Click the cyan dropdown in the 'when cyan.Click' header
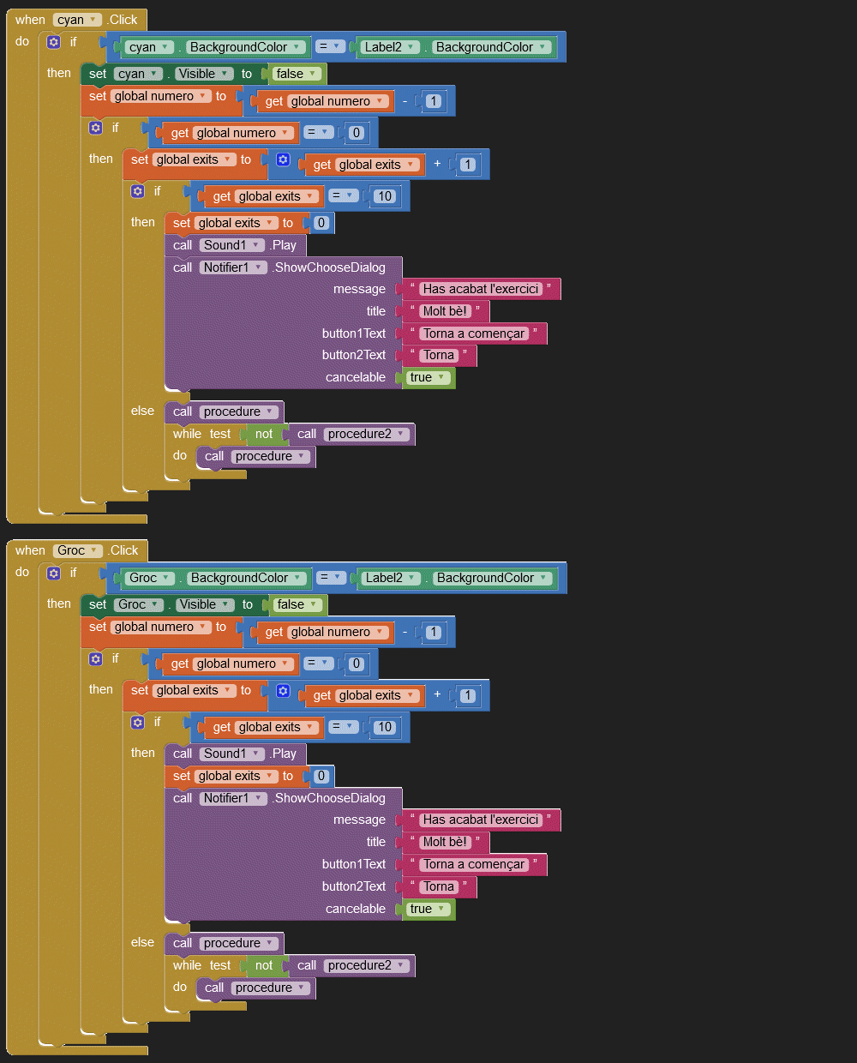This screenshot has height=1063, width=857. tap(76, 20)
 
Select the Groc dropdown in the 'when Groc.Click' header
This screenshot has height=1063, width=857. tap(77, 550)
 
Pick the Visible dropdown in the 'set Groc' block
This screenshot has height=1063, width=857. tap(203, 604)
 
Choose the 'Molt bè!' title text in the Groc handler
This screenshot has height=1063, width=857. tap(445, 842)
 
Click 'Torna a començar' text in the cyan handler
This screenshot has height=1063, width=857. tap(473, 333)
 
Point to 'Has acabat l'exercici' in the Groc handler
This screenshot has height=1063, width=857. tap(480, 820)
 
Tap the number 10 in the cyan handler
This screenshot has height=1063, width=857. tap(385, 196)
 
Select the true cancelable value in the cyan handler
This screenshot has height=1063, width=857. tap(426, 377)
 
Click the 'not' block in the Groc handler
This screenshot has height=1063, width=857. tap(264, 965)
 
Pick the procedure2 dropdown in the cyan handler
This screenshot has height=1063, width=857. tap(365, 434)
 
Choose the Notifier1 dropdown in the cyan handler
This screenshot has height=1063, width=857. tap(232, 267)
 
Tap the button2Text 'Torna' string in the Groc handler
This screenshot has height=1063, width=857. tap(438, 886)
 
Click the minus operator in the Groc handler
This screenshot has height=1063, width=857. tap(405, 632)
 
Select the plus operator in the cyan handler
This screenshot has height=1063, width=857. tap(437, 164)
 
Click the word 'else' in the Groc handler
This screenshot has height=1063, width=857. tap(142, 942)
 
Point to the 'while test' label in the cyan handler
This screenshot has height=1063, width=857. tap(201, 434)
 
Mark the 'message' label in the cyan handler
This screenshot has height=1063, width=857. tap(359, 289)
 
